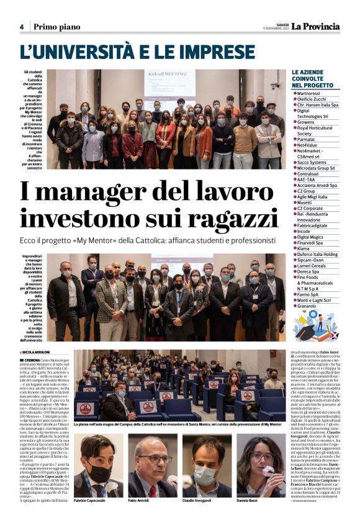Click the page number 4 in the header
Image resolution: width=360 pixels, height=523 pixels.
point(21,27)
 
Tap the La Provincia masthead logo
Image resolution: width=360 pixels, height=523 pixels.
point(316,26)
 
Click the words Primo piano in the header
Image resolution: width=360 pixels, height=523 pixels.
point(56,27)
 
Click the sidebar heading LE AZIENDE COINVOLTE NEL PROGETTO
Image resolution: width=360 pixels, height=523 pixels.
point(315,79)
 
